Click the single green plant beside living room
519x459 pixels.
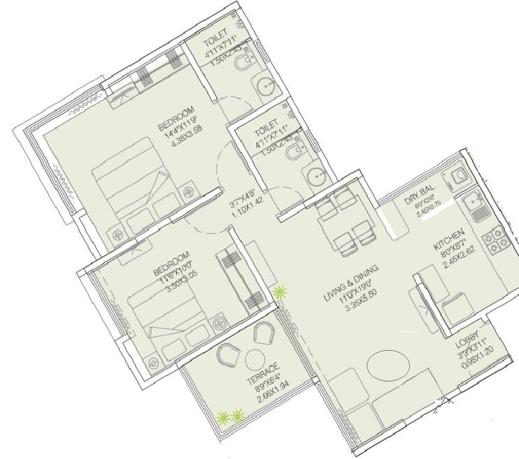click(280, 293)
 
